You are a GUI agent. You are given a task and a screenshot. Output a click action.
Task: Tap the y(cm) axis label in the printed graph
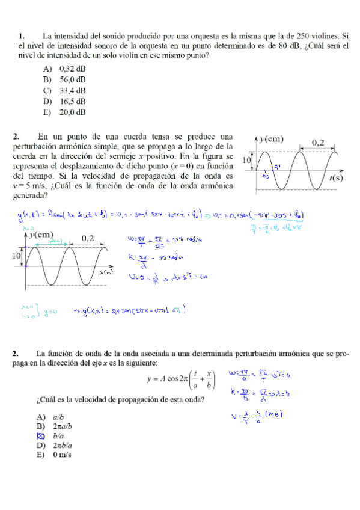[271, 140]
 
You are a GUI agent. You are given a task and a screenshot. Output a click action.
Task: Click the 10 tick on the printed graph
[246, 161]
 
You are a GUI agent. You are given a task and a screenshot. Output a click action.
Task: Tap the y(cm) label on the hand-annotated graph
[40, 234]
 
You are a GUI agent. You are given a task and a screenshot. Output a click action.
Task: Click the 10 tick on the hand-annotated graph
[15, 256]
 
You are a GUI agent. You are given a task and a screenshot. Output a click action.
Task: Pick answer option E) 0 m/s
[55, 455]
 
